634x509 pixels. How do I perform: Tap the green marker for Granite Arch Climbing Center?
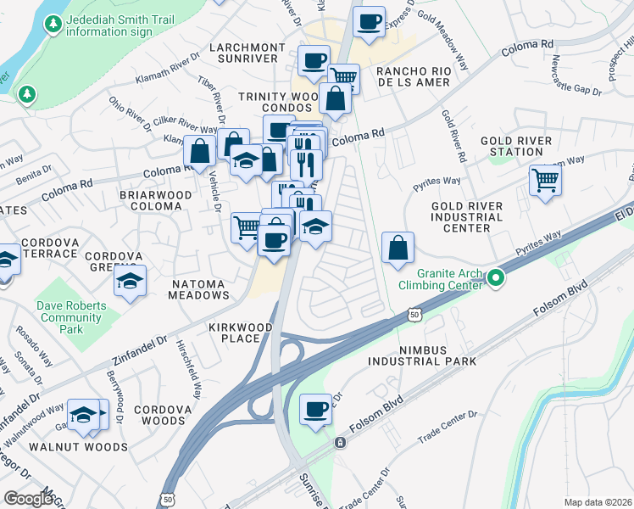pos(496,277)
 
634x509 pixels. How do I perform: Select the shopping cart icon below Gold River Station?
pos(545,179)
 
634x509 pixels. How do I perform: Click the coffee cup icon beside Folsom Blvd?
pos(316,411)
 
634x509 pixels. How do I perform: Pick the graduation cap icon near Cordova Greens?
pos(130,281)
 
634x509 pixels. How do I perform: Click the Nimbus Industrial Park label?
pos(422,355)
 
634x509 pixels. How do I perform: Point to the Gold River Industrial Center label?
pos(466,217)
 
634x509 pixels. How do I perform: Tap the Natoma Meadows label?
pos(189,289)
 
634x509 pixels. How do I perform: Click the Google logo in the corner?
pos(29,499)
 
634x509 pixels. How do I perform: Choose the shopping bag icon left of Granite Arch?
pos(398,249)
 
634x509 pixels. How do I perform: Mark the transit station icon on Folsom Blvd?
pos(340,443)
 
